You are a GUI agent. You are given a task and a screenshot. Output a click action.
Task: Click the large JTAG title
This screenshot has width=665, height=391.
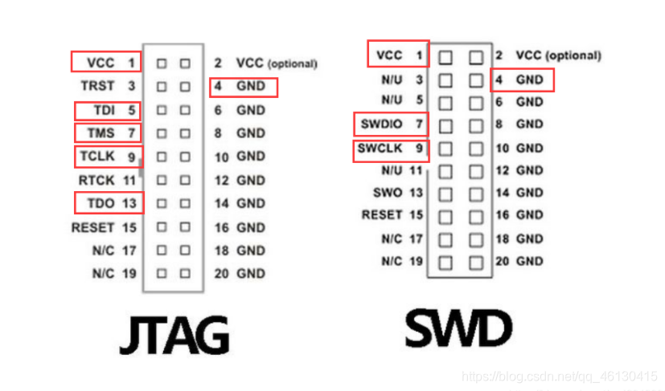click(x=174, y=334)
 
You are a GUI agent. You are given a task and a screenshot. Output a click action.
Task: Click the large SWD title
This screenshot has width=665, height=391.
click(x=458, y=328)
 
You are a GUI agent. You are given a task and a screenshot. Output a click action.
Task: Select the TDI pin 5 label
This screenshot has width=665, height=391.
click(x=108, y=110)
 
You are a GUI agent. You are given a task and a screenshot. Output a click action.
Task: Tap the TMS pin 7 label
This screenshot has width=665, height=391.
click(x=108, y=132)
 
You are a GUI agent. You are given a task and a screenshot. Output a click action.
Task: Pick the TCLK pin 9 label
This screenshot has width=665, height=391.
click(x=108, y=156)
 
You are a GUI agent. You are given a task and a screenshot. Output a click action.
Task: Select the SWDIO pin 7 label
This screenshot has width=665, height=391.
click(x=390, y=124)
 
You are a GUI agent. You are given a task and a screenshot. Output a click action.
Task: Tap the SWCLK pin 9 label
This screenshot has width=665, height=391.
click(x=390, y=149)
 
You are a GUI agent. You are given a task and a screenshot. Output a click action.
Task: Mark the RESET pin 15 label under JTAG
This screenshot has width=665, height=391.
click(x=101, y=227)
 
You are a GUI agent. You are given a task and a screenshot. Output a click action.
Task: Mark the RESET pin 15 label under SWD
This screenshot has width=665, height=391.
click(x=392, y=214)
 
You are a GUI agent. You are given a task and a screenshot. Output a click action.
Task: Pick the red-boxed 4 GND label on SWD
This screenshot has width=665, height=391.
click(x=522, y=79)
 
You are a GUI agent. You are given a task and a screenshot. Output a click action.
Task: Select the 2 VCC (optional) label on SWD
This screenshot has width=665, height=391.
click(x=548, y=55)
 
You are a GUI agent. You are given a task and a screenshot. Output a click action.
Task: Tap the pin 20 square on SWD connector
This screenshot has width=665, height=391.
click(x=476, y=261)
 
